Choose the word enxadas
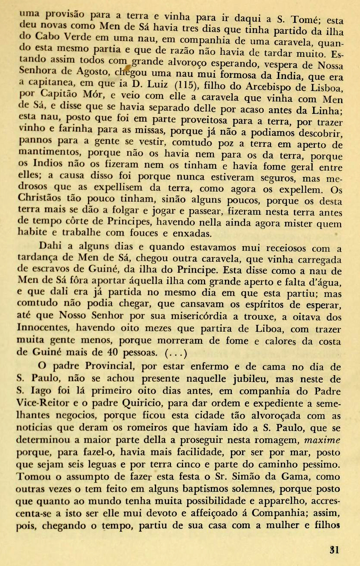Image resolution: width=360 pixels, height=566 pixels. coord(192,233)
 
